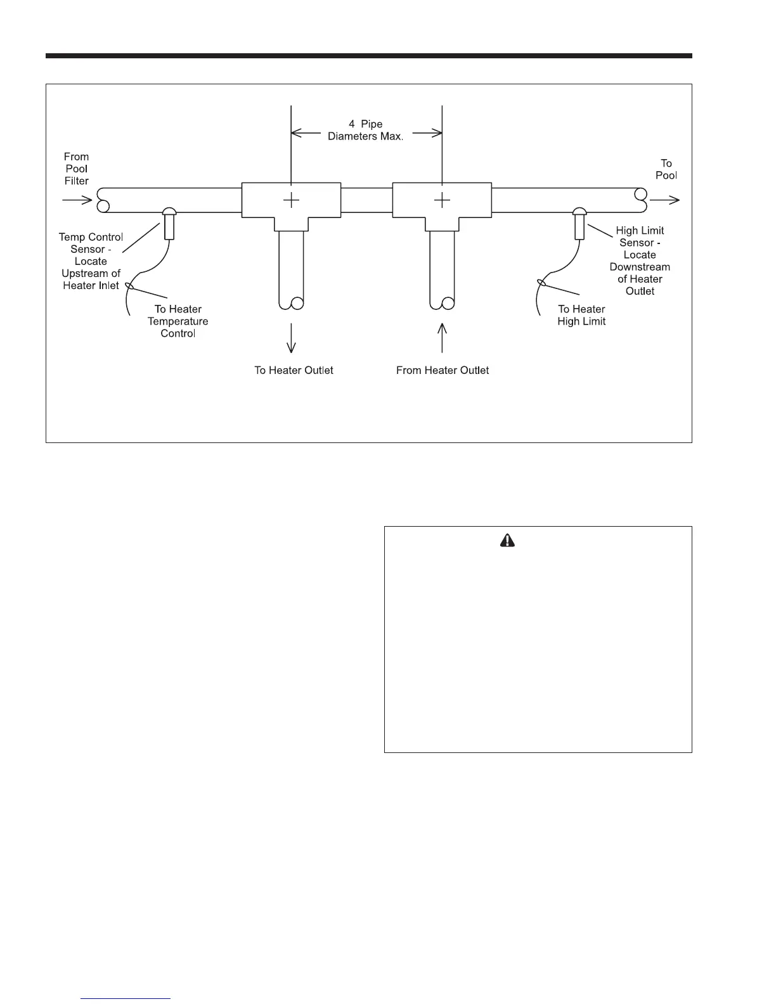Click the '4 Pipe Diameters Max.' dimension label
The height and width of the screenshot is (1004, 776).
click(x=366, y=130)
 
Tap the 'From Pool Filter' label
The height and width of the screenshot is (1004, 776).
click(x=76, y=169)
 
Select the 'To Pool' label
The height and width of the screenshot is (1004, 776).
click(x=666, y=169)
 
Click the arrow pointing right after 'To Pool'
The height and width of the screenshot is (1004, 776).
click(x=665, y=200)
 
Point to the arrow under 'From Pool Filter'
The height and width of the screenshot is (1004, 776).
click(x=77, y=200)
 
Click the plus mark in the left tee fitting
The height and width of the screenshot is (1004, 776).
click(x=291, y=200)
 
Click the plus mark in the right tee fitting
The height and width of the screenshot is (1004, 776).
click(x=442, y=200)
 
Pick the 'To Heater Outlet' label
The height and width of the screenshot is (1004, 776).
click(x=294, y=370)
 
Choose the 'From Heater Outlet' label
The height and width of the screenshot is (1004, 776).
click(x=443, y=370)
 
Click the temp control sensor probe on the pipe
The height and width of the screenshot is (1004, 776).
click(x=169, y=224)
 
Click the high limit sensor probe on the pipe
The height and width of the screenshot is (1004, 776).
click(x=579, y=224)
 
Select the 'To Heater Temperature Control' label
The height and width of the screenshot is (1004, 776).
click(x=178, y=321)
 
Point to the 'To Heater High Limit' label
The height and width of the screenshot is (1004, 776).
click(x=581, y=315)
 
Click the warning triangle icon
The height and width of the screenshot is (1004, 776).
click(x=508, y=540)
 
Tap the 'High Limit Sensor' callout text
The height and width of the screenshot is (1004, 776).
click(x=640, y=261)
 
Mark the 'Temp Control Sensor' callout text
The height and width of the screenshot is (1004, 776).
click(x=91, y=261)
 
